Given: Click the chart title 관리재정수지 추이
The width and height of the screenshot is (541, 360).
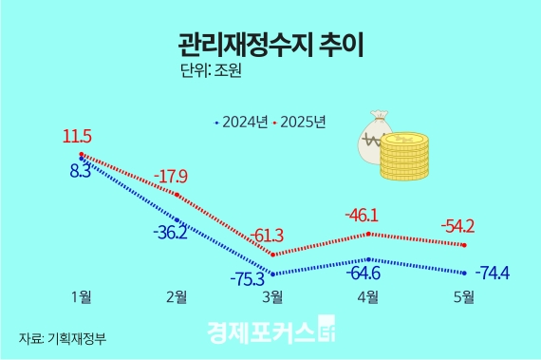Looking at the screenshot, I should pyautogui.click(x=270, y=44).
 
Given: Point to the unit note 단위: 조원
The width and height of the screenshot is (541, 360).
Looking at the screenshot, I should pyautogui.click(x=210, y=70).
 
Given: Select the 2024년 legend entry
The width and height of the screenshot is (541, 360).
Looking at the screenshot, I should pyautogui.click(x=244, y=122).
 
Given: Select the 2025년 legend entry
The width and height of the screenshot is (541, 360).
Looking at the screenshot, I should pyautogui.click(x=300, y=122).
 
